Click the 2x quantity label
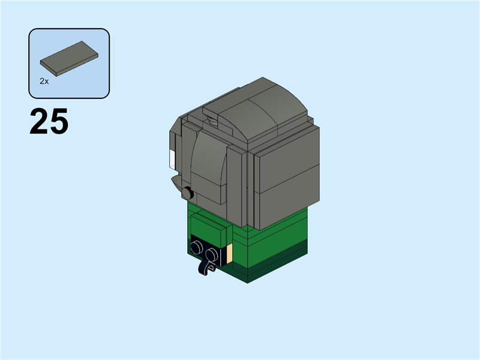44,80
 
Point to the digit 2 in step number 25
40,121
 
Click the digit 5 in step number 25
59,121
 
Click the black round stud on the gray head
187,193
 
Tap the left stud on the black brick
197,247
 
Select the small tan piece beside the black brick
229,254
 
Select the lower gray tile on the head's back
287,201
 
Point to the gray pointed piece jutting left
176,180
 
